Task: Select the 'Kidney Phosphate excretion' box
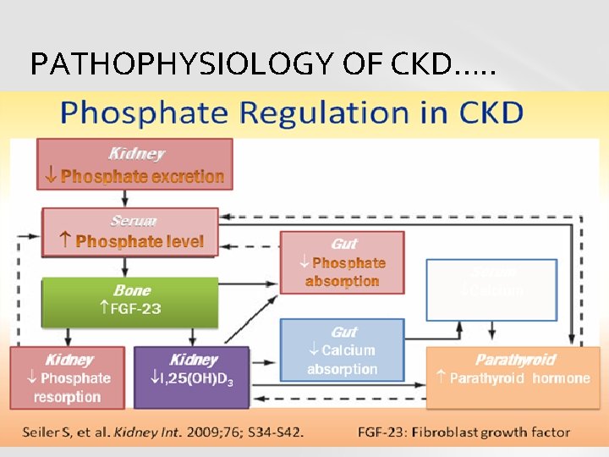(x=135, y=165)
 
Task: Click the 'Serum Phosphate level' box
(x=131, y=231)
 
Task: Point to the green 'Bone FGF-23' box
(x=131, y=300)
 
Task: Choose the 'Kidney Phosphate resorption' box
(x=68, y=377)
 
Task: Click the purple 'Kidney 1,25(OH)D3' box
(x=192, y=377)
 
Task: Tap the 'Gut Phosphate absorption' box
(x=343, y=262)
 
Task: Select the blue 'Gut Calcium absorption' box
(x=343, y=350)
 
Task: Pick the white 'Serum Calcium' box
(x=491, y=289)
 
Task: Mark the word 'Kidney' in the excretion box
(x=136, y=154)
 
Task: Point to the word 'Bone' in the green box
(x=132, y=290)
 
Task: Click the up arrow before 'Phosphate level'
(x=65, y=241)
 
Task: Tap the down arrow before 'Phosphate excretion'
(x=51, y=176)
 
